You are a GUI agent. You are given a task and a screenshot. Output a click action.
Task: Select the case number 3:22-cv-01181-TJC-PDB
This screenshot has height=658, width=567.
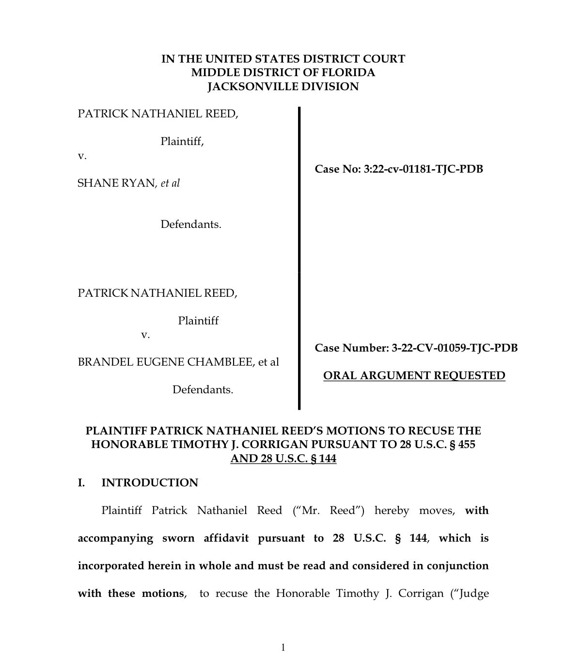pyautogui.click(x=423, y=169)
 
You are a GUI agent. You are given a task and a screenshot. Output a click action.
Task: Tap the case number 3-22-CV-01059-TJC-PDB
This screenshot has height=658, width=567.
pyautogui.click(x=455, y=348)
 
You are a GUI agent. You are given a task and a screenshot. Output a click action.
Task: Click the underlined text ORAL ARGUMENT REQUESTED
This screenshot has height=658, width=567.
pyautogui.click(x=414, y=376)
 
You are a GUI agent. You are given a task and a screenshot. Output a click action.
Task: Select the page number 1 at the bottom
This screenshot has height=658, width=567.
pyautogui.click(x=283, y=647)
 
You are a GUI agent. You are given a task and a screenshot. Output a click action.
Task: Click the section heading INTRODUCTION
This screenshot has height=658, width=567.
pyautogui.click(x=150, y=483)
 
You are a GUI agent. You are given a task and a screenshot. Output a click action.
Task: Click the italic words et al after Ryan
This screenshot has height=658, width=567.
pyautogui.click(x=170, y=183)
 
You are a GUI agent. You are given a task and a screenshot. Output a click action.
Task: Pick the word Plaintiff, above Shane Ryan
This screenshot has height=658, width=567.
pyautogui.click(x=182, y=142)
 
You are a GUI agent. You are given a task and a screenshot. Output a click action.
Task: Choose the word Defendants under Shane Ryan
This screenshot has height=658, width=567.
pyautogui.click(x=191, y=225)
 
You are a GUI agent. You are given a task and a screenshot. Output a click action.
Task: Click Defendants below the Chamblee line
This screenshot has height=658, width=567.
pyautogui.click(x=203, y=390)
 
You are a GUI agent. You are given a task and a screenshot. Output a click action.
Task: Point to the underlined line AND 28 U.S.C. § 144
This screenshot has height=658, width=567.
pyautogui.click(x=283, y=459)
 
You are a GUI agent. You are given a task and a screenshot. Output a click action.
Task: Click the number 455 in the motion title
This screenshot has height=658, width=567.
pyautogui.click(x=466, y=445)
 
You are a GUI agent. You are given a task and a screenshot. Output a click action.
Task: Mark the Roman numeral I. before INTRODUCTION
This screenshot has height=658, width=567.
pyautogui.click(x=82, y=483)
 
